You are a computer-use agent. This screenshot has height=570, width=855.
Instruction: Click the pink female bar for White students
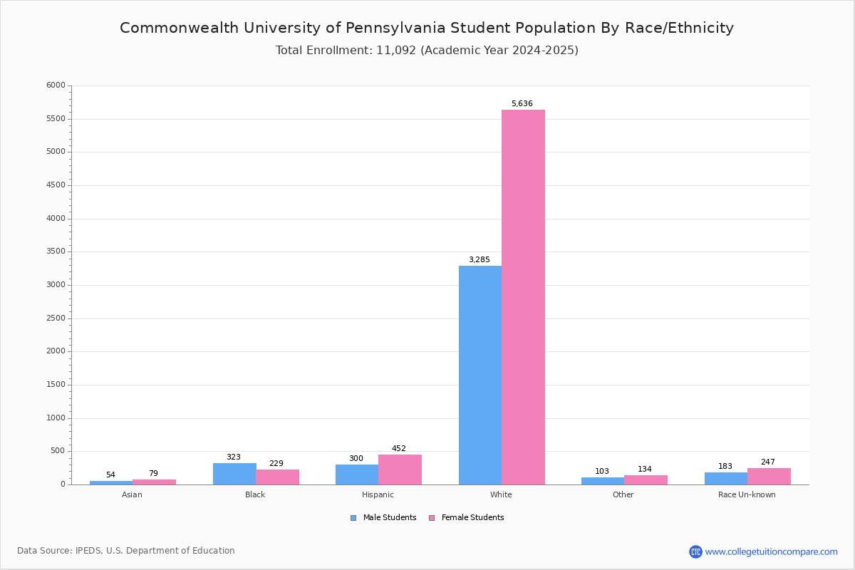coord(523,297)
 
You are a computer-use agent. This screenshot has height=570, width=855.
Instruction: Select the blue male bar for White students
coord(480,375)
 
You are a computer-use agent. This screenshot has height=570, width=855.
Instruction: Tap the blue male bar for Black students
coord(234,474)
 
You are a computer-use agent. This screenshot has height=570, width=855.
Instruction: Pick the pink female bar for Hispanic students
coord(400,470)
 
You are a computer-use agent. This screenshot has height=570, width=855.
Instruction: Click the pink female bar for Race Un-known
coord(769,477)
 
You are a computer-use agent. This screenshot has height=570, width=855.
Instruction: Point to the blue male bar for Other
coord(603,481)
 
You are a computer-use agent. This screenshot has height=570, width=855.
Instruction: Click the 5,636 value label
coord(522,103)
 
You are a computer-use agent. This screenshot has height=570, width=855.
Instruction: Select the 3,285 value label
coord(480,259)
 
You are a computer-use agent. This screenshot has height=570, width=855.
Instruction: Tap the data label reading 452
coord(399,448)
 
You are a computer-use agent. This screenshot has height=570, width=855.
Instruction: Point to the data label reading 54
coord(110,475)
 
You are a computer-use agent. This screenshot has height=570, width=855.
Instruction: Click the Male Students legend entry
coord(383,518)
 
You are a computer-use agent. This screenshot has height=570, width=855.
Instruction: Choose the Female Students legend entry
coord(467,518)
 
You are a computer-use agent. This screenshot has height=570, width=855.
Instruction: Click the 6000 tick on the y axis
coord(56,85)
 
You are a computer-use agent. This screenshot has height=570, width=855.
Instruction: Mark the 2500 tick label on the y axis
coord(56,318)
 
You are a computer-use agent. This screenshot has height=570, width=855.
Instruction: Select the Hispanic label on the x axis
coord(378,494)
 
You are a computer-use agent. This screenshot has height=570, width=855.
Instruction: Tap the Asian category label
coord(132,494)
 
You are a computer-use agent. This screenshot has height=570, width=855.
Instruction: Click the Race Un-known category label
coord(747,494)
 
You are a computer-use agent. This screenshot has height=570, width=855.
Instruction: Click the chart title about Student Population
coord(427,28)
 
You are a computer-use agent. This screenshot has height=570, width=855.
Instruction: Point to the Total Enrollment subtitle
coord(427,51)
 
